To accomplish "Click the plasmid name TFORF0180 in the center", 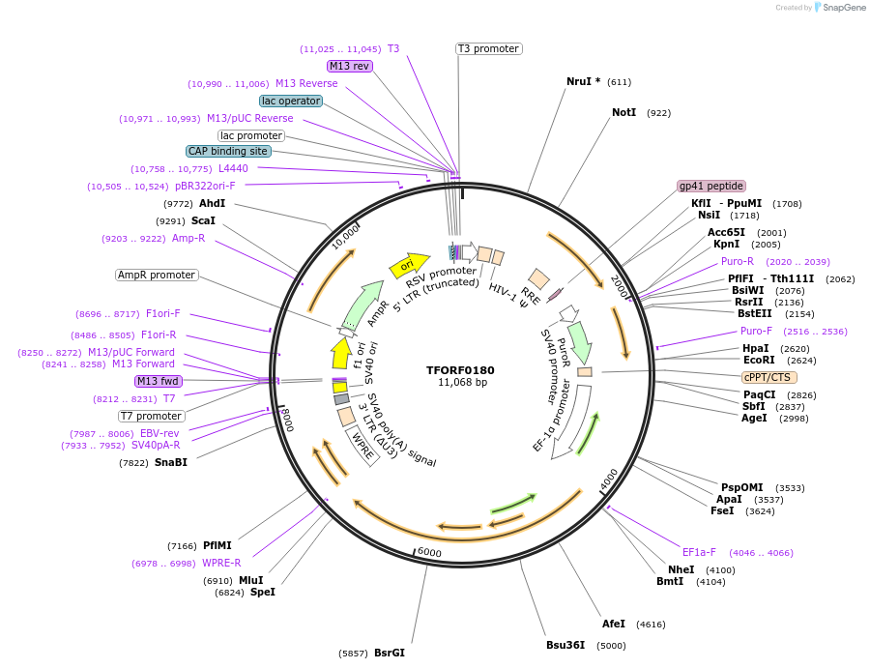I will coord(461,369).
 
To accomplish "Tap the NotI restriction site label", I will coord(624,112).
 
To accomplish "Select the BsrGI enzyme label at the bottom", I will coord(390,653).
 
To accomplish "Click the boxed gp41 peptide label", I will coord(711,186).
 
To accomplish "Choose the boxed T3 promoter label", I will coord(488,48).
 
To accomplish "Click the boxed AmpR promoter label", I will coord(157,276).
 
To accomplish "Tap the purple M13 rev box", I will coord(349,66).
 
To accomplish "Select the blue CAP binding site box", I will coord(228,151).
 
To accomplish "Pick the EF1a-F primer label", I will coord(699,552).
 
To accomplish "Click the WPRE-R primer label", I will coord(221,563).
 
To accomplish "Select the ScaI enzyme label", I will coord(203,220).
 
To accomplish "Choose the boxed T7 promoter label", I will coord(152,416).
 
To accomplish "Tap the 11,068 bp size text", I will coord(462,383).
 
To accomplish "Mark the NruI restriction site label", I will coord(583,81).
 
